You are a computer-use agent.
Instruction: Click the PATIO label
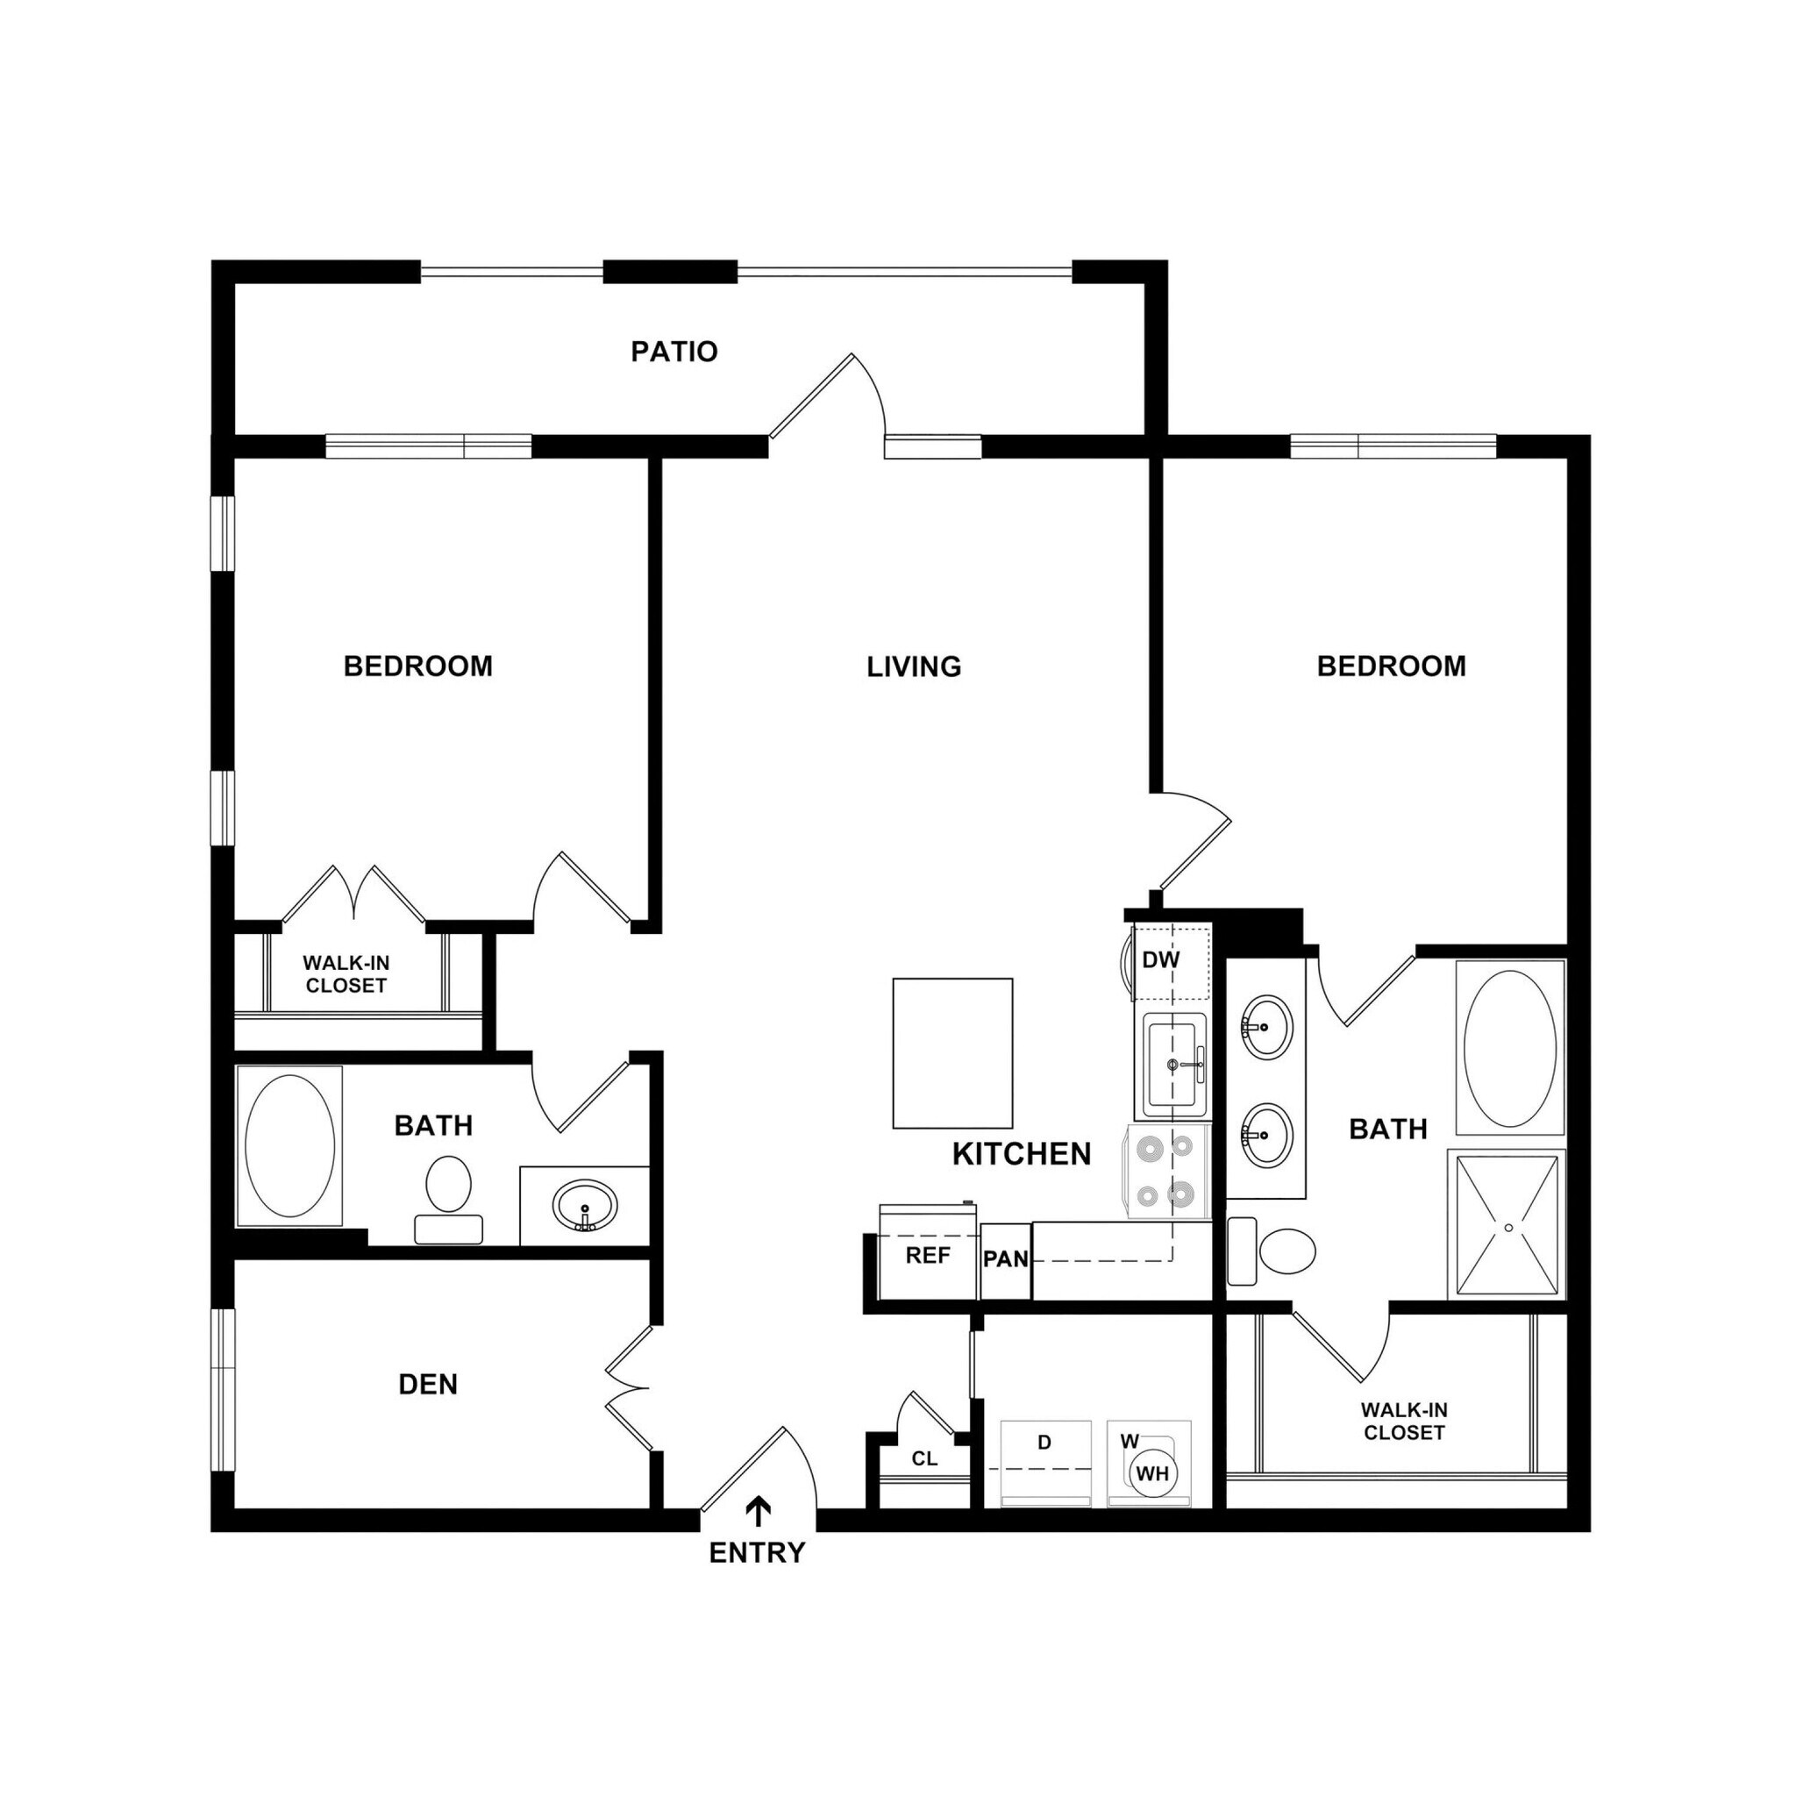[674, 352]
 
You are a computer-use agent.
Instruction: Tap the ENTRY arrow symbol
[759, 1513]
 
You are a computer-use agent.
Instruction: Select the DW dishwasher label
[1160, 960]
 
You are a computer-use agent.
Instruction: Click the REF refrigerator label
[928, 1256]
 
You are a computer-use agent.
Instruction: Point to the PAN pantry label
[1006, 1259]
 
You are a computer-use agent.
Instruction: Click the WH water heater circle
[1152, 1473]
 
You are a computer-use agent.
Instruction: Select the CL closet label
[924, 1458]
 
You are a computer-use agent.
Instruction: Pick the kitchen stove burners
[1167, 1172]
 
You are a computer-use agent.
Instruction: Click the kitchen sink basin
[1172, 1065]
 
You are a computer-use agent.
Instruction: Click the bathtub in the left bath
[290, 1145]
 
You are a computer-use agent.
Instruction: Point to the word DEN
[428, 1384]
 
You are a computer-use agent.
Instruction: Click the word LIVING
[914, 666]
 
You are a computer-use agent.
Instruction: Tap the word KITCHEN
[1021, 1154]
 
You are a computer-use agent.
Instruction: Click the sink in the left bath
[584, 1207]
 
